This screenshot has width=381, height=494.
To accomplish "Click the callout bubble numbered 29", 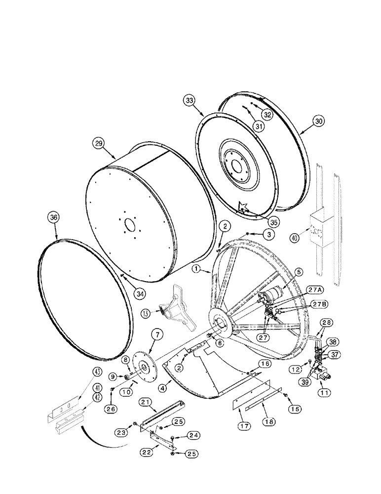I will point(99,144).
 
